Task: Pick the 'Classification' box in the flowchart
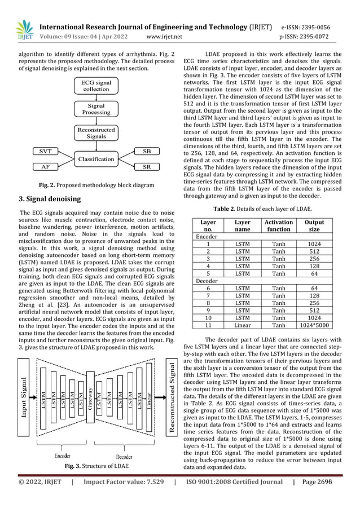(96, 159)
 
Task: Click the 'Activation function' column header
(278, 226)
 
